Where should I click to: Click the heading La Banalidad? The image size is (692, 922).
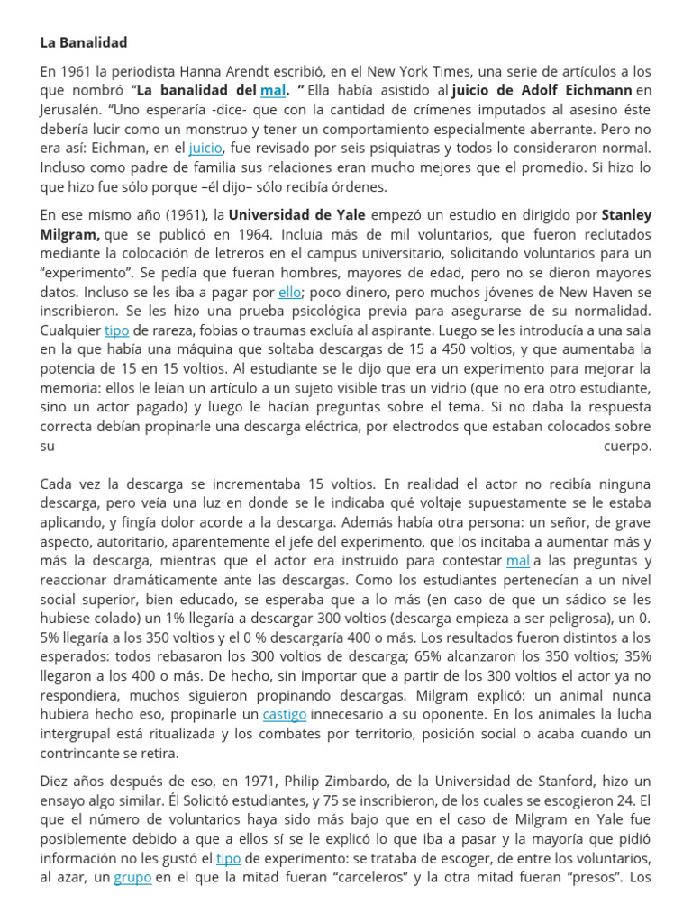tap(84, 42)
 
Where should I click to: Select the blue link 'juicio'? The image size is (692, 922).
tap(205, 148)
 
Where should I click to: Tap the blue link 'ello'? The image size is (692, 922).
tap(289, 292)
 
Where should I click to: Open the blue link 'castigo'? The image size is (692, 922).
tap(284, 714)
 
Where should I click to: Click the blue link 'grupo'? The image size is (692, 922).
tap(132, 877)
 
